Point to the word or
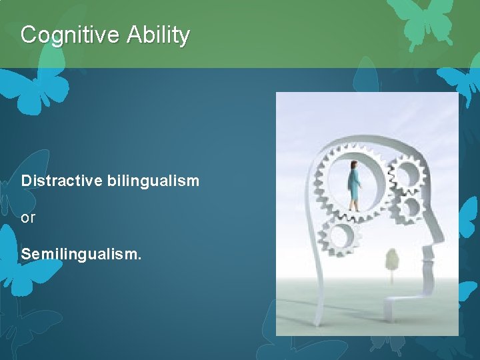pyautogui.click(x=28, y=218)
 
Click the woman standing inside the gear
pyautogui.click(x=354, y=186)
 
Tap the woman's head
pyautogui.click(x=353, y=165)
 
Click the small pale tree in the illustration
pyautogui.click(x=392, y=259)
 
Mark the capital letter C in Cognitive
pyautogui.click(x=28, y=35)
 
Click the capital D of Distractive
pyautogui.click(x=26, y=181)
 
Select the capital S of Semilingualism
pyautogui.click(x=26, y=254)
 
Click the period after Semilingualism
pyautogui.click(x=139, y=259)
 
